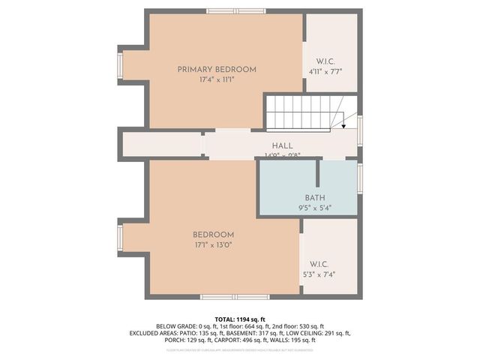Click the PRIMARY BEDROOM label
pos(216,70)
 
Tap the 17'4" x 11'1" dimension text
pos(216,79)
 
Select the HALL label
pos(282,145)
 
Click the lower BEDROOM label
pos(213,235)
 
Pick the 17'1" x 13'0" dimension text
pos(213,244)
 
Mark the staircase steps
pos(300,112)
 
